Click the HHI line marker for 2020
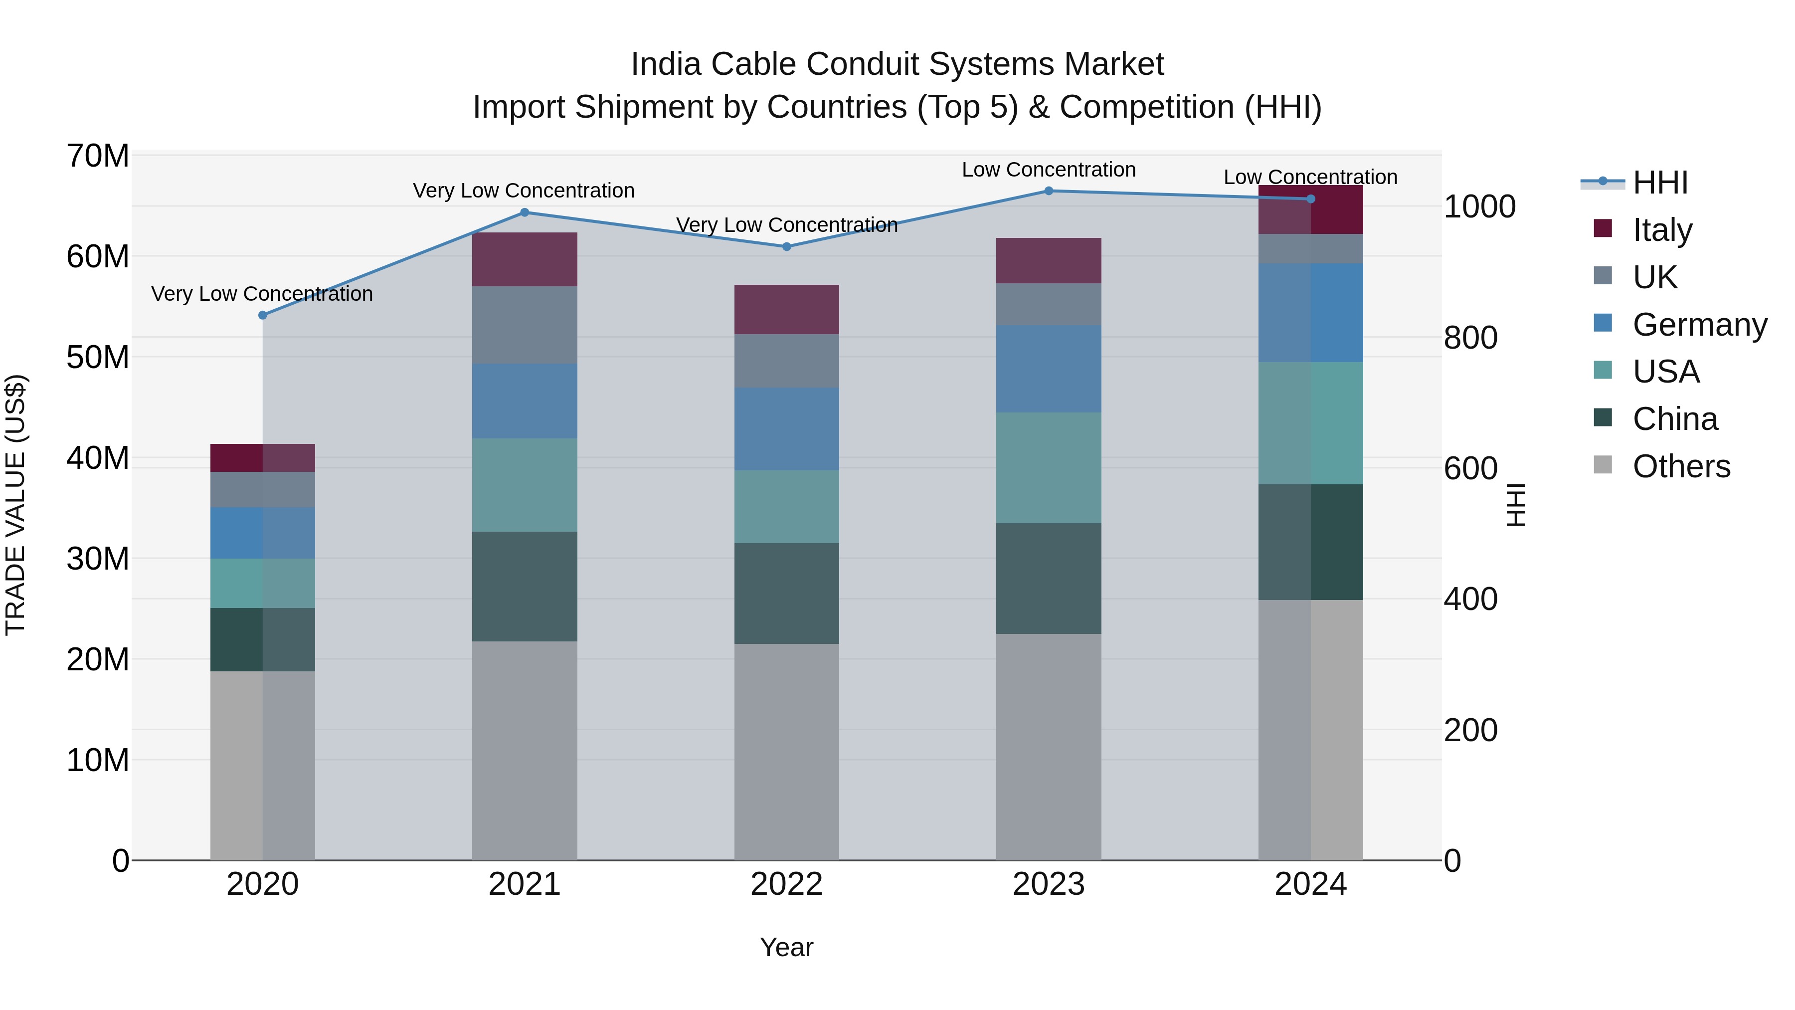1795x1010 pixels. tap(263, 315)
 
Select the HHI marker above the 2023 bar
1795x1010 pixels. tap(1048, 191)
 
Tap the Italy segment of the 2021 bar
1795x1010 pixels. tap(524, 259)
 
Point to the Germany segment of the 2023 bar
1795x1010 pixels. tap(1048, 369)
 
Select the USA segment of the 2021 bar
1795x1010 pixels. tap(524, 485)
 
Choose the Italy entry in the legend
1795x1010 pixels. tap(1661, 230)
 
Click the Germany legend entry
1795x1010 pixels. tap(1699, 325)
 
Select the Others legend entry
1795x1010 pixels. tap(1681, 466)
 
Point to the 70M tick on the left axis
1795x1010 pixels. tap(98, 156)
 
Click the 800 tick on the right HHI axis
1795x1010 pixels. tap(1470, 338)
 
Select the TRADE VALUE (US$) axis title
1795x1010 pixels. tap(15, 505)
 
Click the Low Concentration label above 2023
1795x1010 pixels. tap(1048, 170)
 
